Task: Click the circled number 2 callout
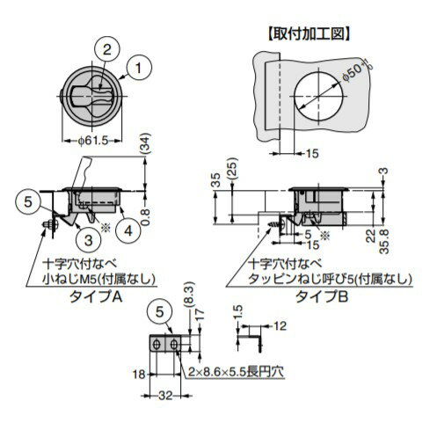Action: [104, 49]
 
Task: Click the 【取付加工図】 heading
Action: [311, 34]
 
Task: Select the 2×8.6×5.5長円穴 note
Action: [236, 371]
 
